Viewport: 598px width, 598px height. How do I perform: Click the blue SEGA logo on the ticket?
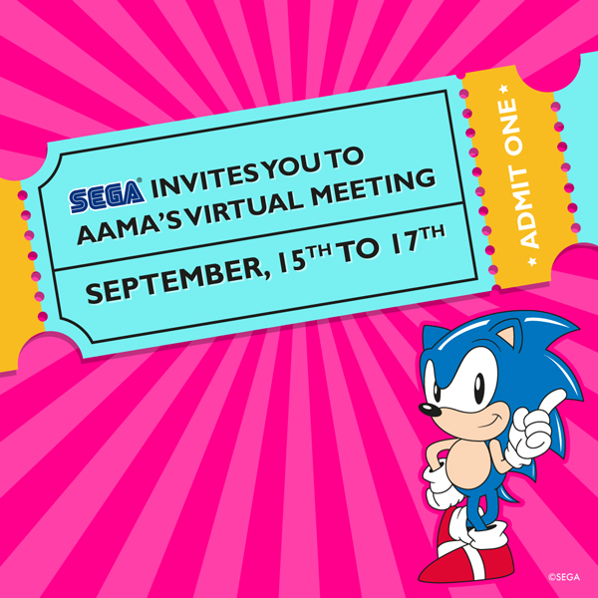106,196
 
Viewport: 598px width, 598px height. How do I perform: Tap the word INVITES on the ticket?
205,178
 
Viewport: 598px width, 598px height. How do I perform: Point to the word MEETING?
373,187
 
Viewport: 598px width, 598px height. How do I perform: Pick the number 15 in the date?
292,261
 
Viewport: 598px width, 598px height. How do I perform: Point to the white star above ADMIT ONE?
503,90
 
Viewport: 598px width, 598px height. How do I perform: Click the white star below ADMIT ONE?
532,261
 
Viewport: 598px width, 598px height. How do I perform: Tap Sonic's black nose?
430,411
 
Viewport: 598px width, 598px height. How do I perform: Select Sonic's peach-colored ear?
507,336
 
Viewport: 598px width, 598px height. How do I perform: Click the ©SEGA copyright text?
564,577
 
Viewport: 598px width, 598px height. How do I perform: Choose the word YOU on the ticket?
292,166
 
